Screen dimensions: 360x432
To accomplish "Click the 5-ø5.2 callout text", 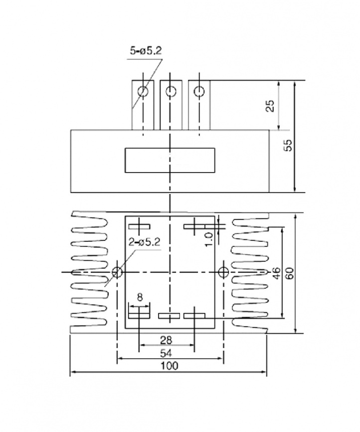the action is coord(146,51).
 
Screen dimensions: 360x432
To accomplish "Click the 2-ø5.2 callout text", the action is coord(144,242).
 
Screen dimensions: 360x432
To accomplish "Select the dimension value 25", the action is coord(270,106).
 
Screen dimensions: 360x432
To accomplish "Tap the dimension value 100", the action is coord(170,366).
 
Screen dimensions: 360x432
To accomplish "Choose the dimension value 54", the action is coord(166,353).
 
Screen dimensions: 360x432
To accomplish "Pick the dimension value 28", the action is coord(166,340).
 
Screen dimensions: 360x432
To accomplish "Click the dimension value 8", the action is coord(140,297).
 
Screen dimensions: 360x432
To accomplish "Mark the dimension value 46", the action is coord(277,273).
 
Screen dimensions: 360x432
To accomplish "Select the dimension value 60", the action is coord(290,273).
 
